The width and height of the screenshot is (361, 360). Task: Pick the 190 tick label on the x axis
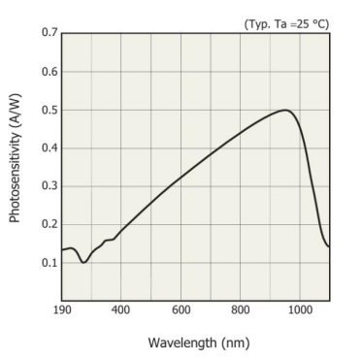coord(62,310)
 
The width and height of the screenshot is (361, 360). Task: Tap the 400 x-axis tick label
coord(121,310)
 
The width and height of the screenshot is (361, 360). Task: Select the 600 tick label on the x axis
coord(180,310)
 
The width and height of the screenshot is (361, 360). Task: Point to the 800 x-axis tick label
coord(241,310)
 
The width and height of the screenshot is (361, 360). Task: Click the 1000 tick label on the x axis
coord(300,310)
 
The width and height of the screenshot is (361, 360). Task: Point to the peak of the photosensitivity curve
coord(285,110)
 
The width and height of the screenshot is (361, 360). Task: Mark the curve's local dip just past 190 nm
coord(83,262)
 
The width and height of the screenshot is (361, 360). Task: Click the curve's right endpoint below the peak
coord(329,246)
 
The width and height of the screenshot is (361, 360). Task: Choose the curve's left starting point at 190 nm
coord(62,250)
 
